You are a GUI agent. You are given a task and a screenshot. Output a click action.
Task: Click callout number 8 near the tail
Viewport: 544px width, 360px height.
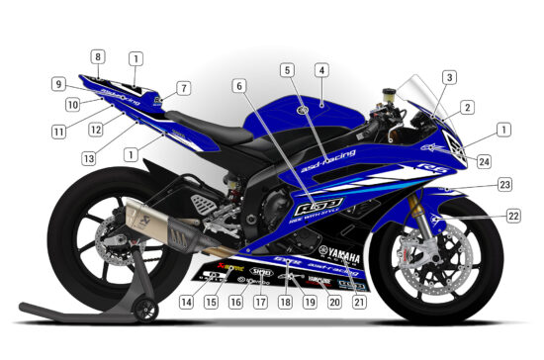98,56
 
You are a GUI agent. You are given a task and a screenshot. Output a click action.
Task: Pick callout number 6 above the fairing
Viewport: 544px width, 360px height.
238,86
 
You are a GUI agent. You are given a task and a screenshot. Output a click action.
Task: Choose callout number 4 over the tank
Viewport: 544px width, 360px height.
320,70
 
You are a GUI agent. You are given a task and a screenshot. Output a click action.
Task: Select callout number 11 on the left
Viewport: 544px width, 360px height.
59,130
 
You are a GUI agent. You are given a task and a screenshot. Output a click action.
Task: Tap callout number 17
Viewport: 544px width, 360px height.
260,303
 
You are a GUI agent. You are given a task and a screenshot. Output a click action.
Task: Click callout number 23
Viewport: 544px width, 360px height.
504,185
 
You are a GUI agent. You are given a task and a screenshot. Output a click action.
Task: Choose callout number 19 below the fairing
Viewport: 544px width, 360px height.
310,303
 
